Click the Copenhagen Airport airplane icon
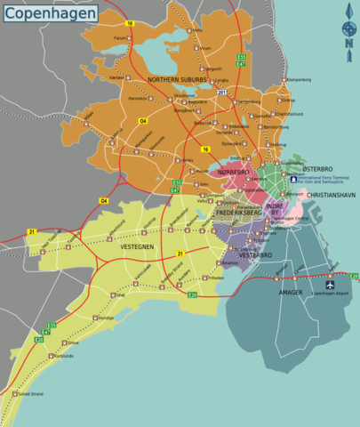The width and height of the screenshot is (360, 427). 331,286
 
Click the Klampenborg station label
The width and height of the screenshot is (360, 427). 300,80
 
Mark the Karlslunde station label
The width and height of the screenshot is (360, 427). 63,356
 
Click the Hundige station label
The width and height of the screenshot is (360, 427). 105,317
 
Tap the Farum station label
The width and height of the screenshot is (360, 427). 120,38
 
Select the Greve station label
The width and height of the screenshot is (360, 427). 73,342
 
